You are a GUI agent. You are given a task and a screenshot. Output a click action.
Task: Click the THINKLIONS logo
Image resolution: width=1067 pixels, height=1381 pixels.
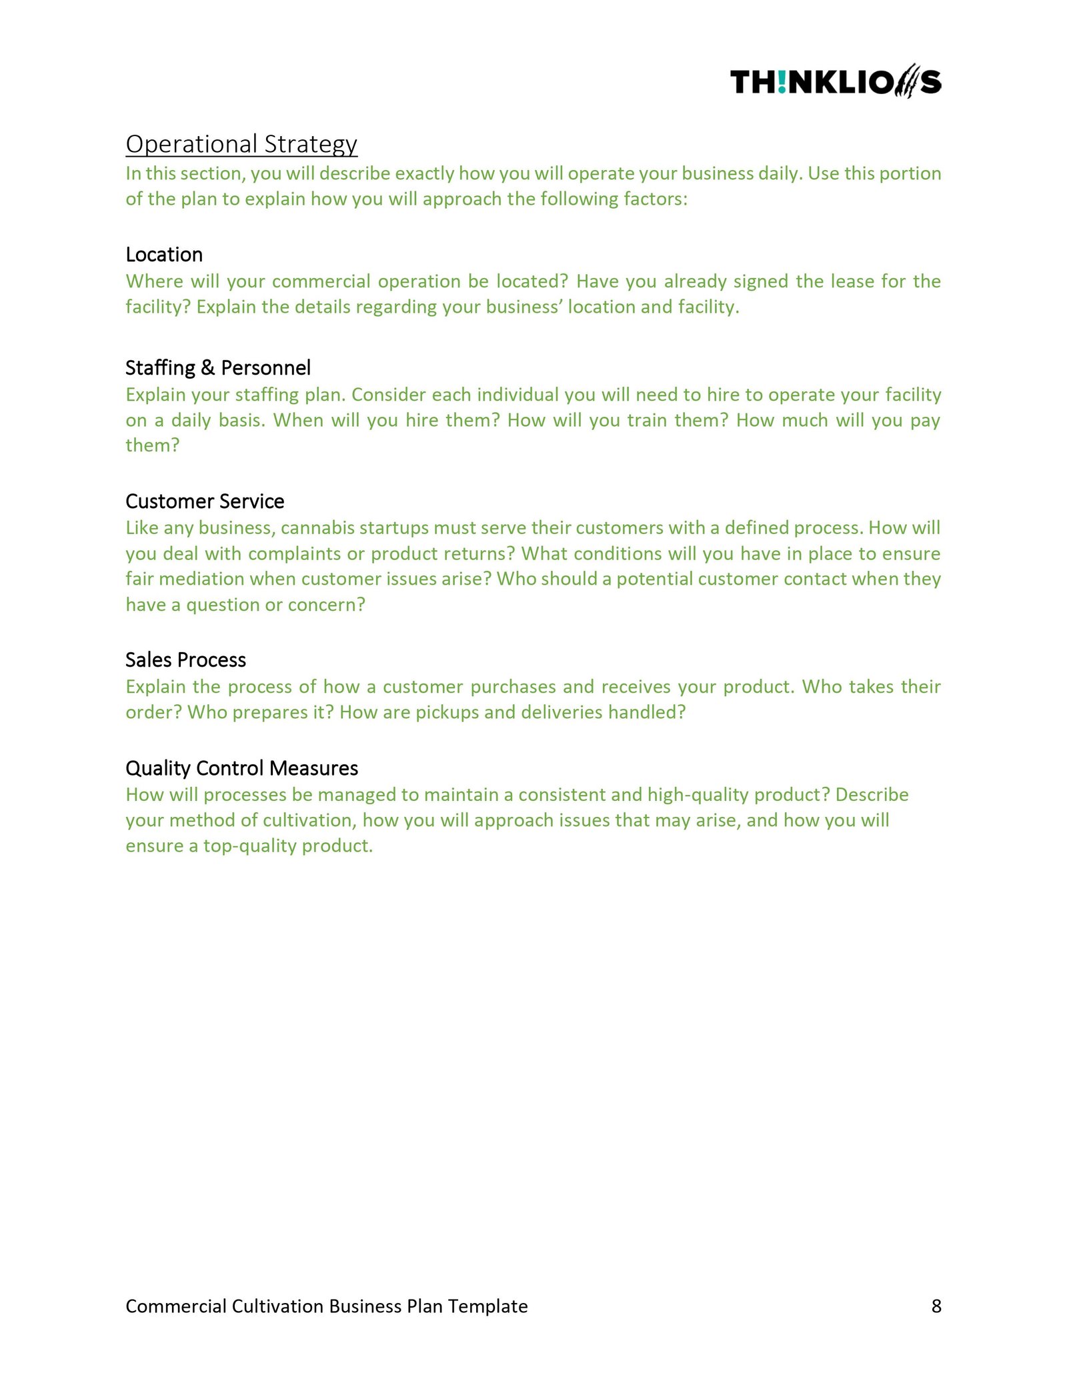pyautogui.click(x=835, y=83)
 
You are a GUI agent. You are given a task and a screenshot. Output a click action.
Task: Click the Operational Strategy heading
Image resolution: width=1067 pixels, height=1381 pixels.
pyautogui.click(x=241, y=144)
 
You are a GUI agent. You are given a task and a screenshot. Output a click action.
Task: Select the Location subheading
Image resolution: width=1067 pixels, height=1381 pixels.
pyautogui.click(x=164, y=255)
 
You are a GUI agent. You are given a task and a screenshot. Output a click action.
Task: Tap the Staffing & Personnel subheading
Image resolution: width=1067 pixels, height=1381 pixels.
pyautogui.click(x=218, y=368)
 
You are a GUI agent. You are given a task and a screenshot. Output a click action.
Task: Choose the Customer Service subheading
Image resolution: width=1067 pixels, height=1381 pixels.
pyautogui.click(x=205, y=501)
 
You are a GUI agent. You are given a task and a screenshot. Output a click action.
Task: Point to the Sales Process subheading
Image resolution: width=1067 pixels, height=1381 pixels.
pyautogui.click(x=185, y=660)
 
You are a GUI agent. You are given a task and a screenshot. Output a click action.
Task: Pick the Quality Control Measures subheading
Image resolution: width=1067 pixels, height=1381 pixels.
pyautogui.click(x=241, y=768)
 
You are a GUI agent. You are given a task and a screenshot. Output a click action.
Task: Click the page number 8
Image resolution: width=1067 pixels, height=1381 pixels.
pyautogui.click(x=936, y=1306)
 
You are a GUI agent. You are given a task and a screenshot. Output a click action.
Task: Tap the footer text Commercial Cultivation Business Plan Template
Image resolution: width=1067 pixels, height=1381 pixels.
pyautogui.click(x=326, y=1306)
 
